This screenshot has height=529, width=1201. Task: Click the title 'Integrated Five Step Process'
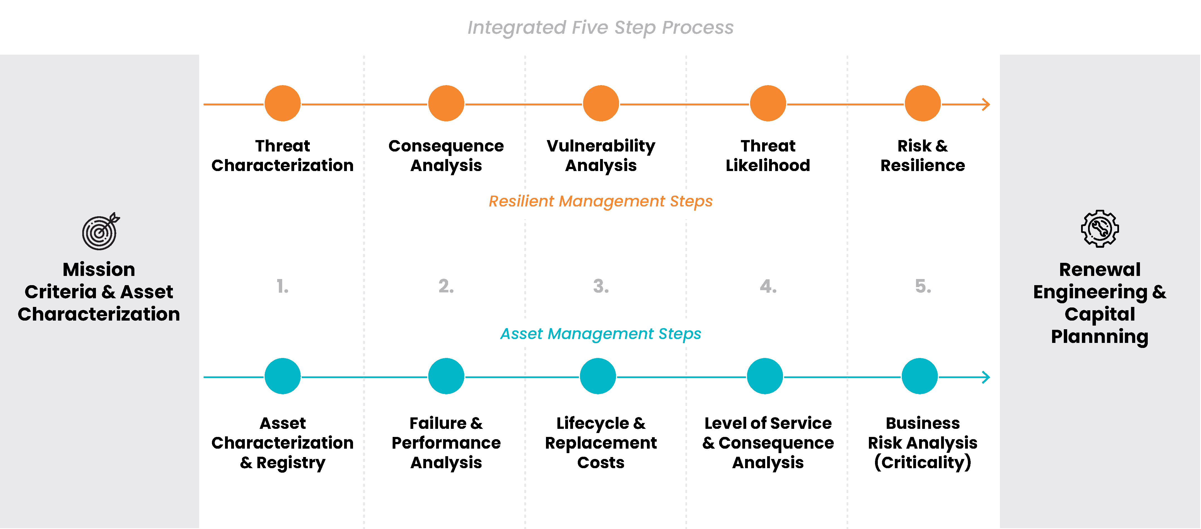point(601,28)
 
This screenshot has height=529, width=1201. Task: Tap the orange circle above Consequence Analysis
point(446,103)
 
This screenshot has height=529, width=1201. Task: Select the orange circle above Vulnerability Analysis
point(601,103)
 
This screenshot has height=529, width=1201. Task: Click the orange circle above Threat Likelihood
point(768,103)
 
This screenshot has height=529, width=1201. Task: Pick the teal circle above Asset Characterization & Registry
point(282,376)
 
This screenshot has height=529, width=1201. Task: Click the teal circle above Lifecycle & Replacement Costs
point(598,376)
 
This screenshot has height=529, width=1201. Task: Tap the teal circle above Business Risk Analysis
point(919,376)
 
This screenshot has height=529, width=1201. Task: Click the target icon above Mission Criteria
point(100,231)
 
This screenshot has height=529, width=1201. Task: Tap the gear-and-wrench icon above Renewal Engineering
point(1100,228)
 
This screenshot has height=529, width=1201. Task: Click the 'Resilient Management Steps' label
point(601,201)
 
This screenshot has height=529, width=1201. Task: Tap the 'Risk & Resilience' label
point(923,155)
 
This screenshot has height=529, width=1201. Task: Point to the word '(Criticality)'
point(923,462)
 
